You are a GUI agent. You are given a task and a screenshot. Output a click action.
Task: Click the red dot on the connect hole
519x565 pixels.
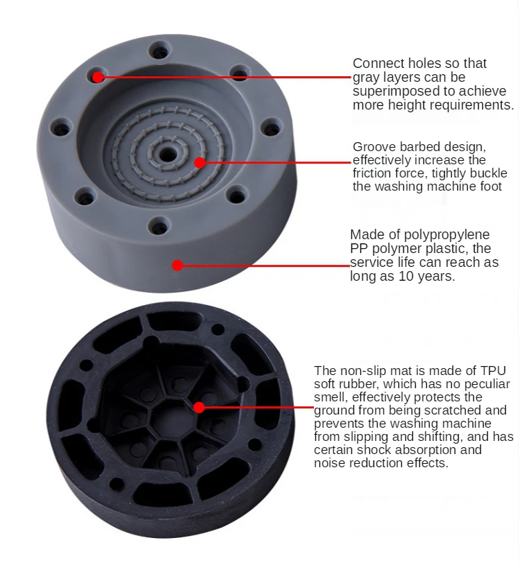click(98, 76)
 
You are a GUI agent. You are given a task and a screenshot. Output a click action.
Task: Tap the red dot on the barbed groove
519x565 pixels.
click(200, 163)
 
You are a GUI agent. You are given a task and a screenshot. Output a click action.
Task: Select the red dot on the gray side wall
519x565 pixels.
click(177, 265)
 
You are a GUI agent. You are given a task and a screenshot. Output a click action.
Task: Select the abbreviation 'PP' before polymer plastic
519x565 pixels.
click(359, 249)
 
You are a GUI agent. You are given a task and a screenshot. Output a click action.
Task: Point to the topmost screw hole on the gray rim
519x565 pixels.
click(161, 51)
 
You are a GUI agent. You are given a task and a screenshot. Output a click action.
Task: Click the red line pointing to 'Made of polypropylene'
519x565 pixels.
click(263, 265)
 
